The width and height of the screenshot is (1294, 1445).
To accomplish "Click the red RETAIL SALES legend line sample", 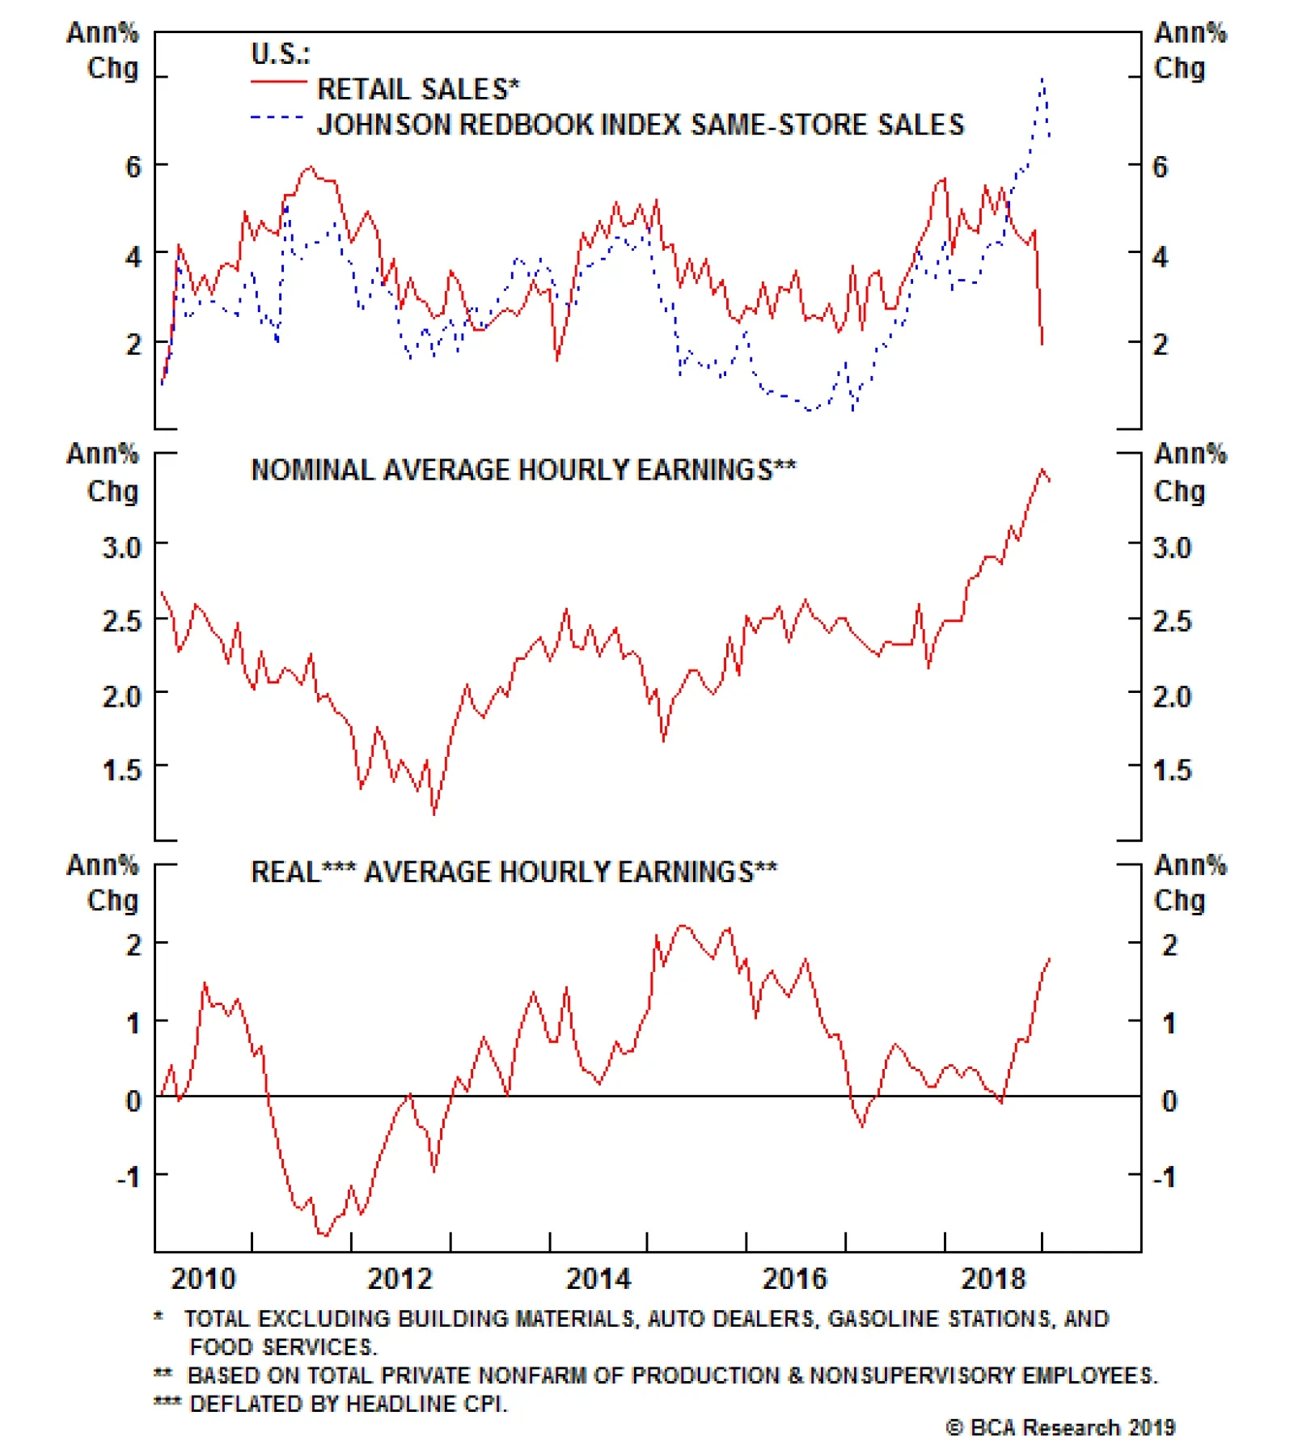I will [x=278, y=82].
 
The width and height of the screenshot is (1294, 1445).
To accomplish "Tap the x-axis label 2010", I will [x=203, y=1278].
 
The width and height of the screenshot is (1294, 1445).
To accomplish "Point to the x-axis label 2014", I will [x=598, y=1278].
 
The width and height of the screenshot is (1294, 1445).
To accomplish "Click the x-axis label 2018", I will [x=992, y=1278].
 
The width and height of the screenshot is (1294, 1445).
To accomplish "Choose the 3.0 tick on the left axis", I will [x=121, y=547].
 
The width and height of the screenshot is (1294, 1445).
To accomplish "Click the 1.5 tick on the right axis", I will [x=1172, y=770].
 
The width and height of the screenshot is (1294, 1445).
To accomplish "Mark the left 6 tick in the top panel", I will [x=133, y=167].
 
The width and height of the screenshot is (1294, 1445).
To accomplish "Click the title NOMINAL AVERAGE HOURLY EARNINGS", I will [x=523, y=470].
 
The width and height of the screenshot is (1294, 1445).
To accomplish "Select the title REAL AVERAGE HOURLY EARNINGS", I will [x=514, y=872].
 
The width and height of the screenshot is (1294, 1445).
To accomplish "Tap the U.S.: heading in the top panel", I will [x=280, y=53].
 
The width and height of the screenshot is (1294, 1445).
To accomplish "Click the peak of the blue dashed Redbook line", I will [x=1043, y=78].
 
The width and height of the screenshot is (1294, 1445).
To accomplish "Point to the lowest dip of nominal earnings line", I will [x=434, y=813].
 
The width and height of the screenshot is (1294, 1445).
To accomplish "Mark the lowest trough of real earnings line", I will [x=325, y=1235].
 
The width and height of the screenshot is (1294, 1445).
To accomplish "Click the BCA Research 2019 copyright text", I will [x=1060, y=1427].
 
